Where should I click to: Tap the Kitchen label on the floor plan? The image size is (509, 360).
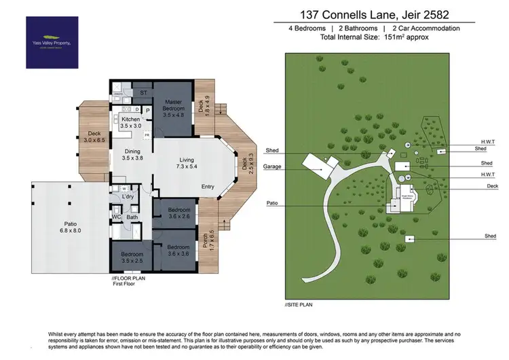[x=130, y=122]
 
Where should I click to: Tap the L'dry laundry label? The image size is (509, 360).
[x=128, y=197]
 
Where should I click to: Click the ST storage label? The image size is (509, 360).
[x=143, y=92]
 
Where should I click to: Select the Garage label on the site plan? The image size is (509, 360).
[x=275, y=166]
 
